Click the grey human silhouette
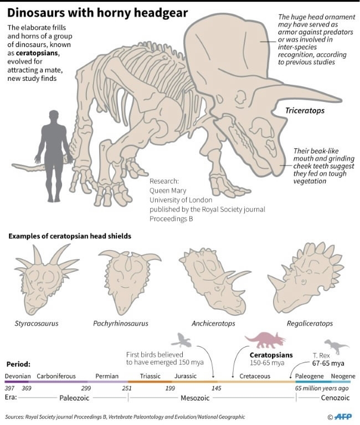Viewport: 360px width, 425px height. pos(54,156)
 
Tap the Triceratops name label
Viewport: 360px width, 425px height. pos(305,111)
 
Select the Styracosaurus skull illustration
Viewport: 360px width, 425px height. pos(47,279)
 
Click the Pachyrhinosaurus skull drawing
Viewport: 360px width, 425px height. pos(130,282)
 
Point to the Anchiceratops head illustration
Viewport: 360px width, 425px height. pos(214,281)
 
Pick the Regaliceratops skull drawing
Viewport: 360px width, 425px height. pos(306,278)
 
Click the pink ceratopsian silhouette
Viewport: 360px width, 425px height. pos(265,340)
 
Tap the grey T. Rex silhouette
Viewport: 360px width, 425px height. pos(336,346)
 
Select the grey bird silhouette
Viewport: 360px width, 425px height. pos(181,340)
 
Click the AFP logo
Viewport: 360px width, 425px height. pos(343,417)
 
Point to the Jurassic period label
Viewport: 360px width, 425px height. pos(186,376)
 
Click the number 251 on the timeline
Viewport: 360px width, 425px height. pos(127,388)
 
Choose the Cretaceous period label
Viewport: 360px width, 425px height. pos(255,376)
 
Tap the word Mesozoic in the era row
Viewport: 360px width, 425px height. pos(195,398)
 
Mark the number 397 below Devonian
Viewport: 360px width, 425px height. pos(10,388)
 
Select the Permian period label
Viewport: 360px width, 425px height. pos(107,376)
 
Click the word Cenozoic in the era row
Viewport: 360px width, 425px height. pos(335,398)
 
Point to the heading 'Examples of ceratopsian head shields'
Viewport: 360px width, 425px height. pos(70,236)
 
